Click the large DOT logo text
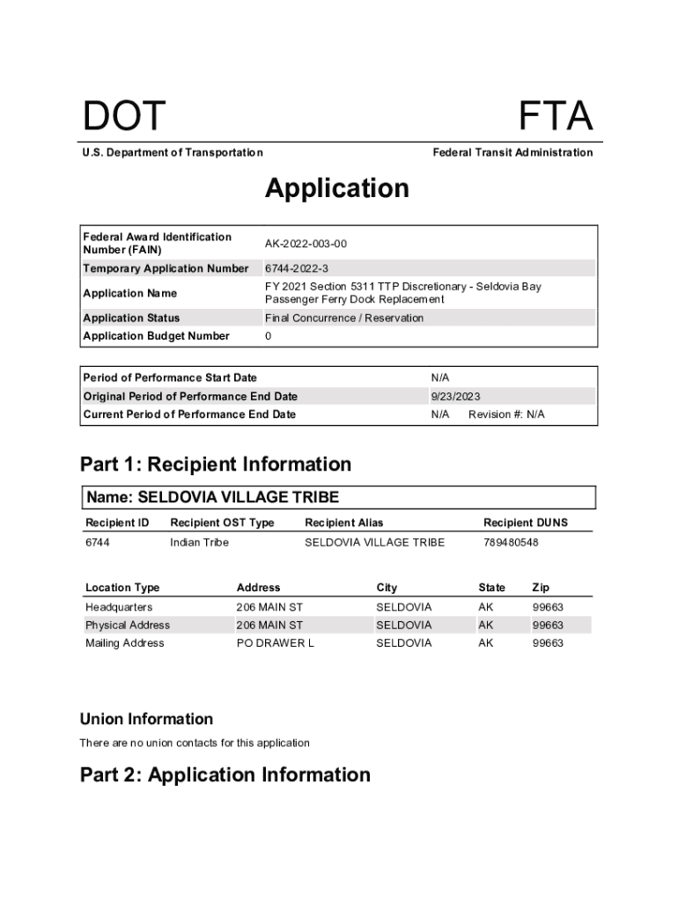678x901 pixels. click(124, 117)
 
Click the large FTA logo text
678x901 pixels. click(555, 117)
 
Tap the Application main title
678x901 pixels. click(337, 188)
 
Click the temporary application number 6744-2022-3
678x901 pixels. click(297, 268)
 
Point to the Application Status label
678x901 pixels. click(131, 319)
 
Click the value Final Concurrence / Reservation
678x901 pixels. click(344, 319)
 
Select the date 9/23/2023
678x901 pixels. click(456, 397)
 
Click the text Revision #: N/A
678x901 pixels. click(506, 414)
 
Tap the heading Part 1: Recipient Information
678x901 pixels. click(216, 464)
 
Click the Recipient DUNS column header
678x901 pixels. click(526, 523)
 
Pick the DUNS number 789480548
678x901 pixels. click(511, 543)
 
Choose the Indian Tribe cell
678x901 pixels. click(199, 543)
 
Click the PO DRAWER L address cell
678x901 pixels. click(275, 643)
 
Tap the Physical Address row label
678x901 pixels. click(128, 626)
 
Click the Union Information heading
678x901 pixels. click(146, 719)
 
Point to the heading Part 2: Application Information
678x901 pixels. click(225, 774)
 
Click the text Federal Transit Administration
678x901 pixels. click(512, 153)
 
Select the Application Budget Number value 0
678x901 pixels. click(269, 336)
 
